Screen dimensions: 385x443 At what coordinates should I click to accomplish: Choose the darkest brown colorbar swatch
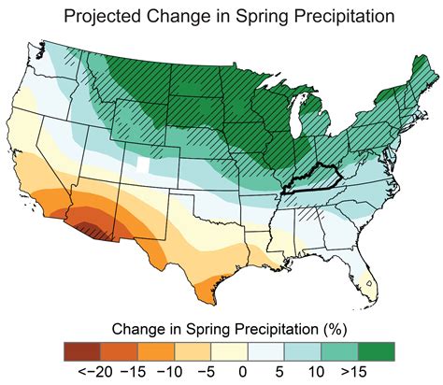pos(80,351)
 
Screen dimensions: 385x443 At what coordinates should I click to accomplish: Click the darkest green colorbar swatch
pos(375,351)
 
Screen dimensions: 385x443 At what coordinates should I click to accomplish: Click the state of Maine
pos(411,65)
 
